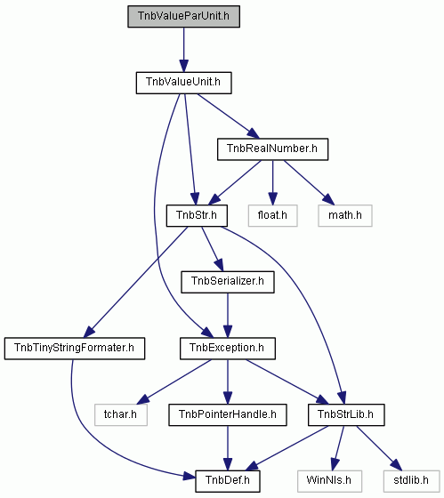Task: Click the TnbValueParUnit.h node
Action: coord(183,16)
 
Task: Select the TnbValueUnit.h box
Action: coord(183,83)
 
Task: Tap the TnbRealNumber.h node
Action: coord(272,149)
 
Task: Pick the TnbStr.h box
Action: coord(197,215)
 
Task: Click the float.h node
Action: coord(272,215)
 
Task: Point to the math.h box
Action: coord(345,215)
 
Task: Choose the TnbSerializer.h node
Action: coord(228,282)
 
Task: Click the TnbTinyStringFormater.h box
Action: coord(75,349)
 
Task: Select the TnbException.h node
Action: coord(228,349)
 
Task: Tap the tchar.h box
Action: coord(121,414)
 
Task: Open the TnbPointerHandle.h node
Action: coord(228,414)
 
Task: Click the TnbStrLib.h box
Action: coord(346,414)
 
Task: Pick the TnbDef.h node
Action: coord(228,481)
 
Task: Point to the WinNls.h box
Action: coord(329,481)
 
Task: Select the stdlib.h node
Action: coord(411,481)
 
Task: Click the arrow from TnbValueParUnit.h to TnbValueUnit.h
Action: coord(183,50)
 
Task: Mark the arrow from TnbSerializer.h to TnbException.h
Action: coord(228,316)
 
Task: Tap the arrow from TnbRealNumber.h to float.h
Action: coord(272,182)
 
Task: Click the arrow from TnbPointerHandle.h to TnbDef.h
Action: coord(228,448)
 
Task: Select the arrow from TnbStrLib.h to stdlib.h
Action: coord(379,448)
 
